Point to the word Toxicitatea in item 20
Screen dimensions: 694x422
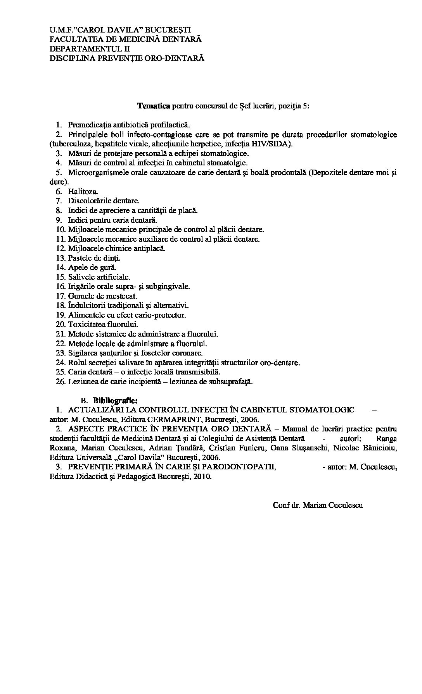(87, 325)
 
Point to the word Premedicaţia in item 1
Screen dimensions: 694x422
(90, 125)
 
